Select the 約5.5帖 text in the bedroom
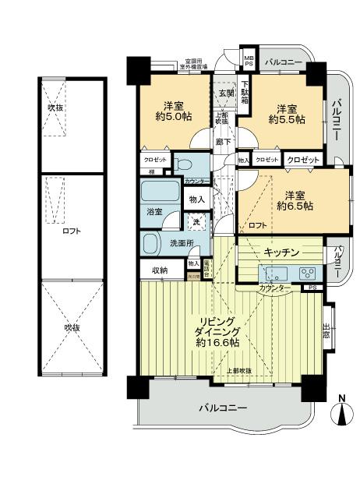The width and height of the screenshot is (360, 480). [x=285, y=120]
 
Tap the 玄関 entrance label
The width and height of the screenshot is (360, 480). [x=226, y=93]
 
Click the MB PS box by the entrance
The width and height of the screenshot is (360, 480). [x=249, y=61]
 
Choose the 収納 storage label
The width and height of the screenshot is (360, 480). [x=160, y=270]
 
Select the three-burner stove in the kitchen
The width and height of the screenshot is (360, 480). [x=307, y=274]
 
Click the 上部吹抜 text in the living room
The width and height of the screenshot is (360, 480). [x=238, y=369]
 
